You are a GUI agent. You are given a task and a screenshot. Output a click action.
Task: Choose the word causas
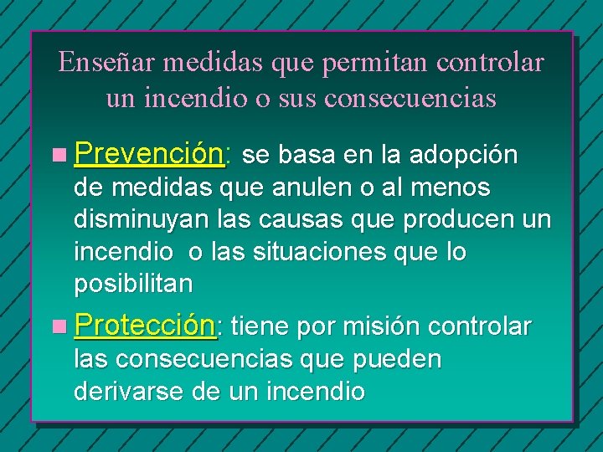(x=309, y=220)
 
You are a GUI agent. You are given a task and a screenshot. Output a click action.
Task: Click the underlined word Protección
(x=145, y=326)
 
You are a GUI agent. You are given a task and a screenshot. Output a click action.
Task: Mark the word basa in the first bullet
(x=307, y=155)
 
